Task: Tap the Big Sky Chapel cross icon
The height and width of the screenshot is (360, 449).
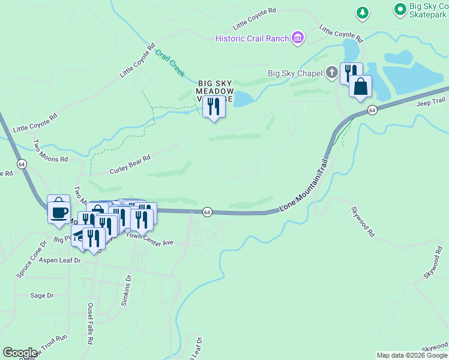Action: tap(332, 74)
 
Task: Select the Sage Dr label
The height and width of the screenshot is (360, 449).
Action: tap(41, 295)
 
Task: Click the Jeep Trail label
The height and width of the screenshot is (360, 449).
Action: tap(432, 102)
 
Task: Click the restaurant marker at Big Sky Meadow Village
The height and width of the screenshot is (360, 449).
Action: tap(214, 107)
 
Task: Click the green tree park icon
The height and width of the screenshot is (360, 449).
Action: tap(363, 12)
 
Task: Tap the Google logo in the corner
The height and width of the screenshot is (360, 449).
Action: tap(20, 353)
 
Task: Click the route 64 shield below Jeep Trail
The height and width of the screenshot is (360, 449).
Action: tap(373, 110)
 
